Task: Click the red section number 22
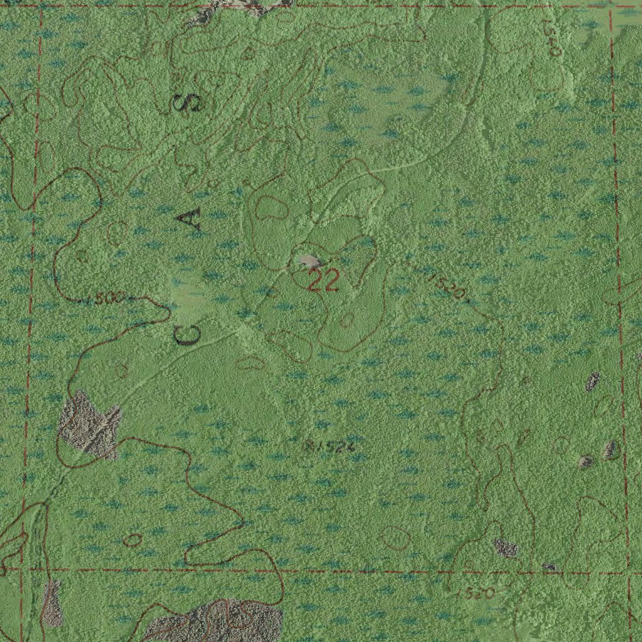(324, 281)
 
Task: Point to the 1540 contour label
(552, 38)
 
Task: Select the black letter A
(189, 219)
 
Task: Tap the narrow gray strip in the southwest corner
(53, 603)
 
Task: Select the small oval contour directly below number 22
(346, 320)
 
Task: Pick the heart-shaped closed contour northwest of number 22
(270, 207)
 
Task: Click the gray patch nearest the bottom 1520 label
(505, 548)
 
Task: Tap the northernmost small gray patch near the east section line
(592, 381)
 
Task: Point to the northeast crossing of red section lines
(611, 6)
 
